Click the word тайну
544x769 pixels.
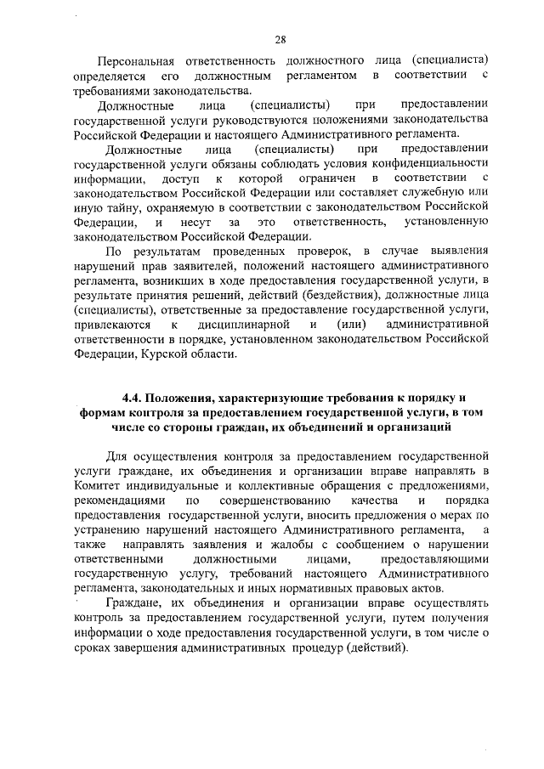(x=126, y=206)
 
